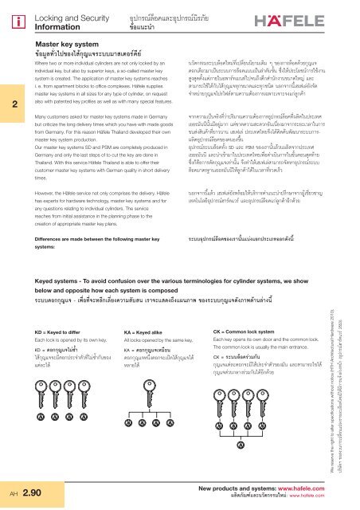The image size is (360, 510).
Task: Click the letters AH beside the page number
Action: click(x=11, y=494)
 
